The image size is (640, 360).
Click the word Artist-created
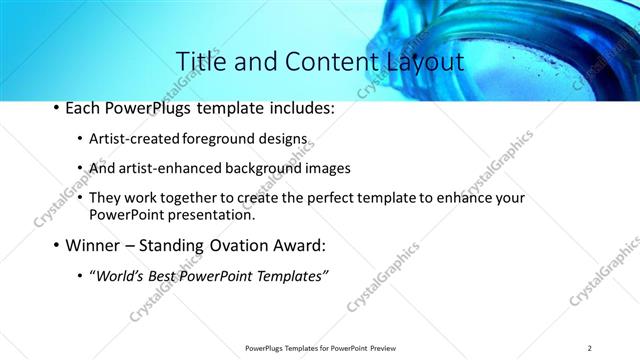[x=129, y=138]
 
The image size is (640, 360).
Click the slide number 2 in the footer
[x=590, y=348]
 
